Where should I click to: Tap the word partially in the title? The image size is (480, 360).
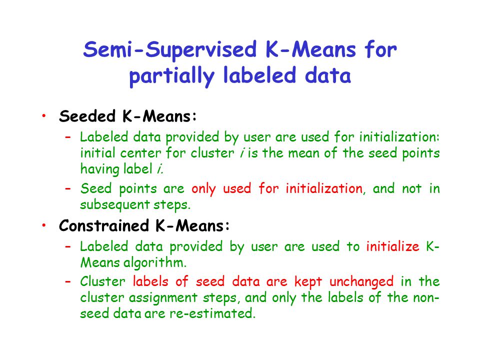point(171,76)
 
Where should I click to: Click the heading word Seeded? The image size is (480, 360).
point(87,116)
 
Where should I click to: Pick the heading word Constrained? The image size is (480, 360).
point(104,226)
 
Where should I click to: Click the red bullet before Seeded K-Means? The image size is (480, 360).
point(44,115)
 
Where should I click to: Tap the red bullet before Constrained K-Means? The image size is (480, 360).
point(44,225)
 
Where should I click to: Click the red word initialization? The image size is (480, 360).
point(324,188)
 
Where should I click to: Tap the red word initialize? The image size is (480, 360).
point(393,246)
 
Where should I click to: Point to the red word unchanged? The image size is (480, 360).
point(361,282)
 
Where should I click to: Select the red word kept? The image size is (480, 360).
point(308,282)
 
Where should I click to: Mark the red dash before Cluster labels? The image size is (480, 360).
point(68,281)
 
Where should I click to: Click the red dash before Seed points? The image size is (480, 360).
point(68,188)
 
